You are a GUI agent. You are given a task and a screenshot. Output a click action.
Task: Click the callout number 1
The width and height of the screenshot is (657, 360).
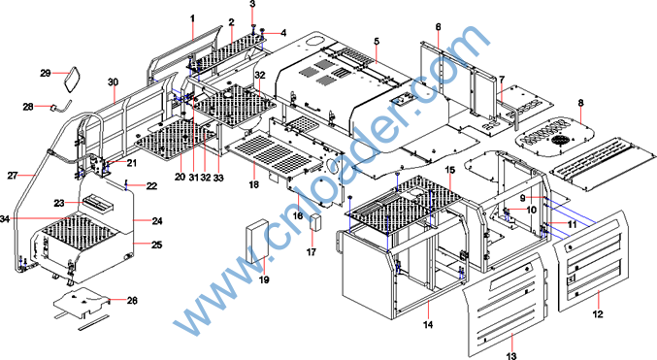click(x=192, y=18)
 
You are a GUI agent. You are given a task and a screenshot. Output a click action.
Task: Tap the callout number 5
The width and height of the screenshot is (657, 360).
click(x=377, y=41)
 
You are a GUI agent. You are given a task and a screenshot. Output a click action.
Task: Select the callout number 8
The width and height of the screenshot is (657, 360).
click(x=580, y=103)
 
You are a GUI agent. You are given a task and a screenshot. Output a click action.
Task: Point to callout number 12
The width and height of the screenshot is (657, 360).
click(x=598, y=313)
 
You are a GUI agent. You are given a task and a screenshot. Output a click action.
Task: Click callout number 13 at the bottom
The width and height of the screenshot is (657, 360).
click(x=511, y=356)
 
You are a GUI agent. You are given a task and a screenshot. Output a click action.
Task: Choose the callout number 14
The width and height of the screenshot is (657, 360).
click(x=428, y=324)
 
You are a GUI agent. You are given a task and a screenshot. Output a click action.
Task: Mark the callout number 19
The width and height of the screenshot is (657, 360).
click(x=264, y=279)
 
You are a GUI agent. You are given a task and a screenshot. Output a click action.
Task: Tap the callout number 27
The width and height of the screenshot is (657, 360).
click(x=13, y=176)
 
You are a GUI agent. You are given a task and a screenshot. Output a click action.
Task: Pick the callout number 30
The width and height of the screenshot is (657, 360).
click(x=114, y=82)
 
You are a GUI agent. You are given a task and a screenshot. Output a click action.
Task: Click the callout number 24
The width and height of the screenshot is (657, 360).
click(x=157, y=221)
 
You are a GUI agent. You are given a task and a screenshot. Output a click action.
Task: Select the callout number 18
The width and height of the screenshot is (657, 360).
click(x=254, y=184)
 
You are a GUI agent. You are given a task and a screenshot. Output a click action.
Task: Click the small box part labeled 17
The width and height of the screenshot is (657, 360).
click(x=315, y=222)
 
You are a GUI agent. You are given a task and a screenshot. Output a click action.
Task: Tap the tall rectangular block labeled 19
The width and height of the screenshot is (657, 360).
click(x=256, y=241)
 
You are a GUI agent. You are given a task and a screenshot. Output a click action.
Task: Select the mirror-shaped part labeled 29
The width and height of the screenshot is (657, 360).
click(x=73, y=79)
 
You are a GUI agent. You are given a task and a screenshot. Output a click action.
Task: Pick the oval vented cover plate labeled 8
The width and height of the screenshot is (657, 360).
click(x=555, y=137)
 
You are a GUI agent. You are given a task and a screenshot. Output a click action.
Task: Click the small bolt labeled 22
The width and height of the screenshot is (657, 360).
click(x=125, y=184)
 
